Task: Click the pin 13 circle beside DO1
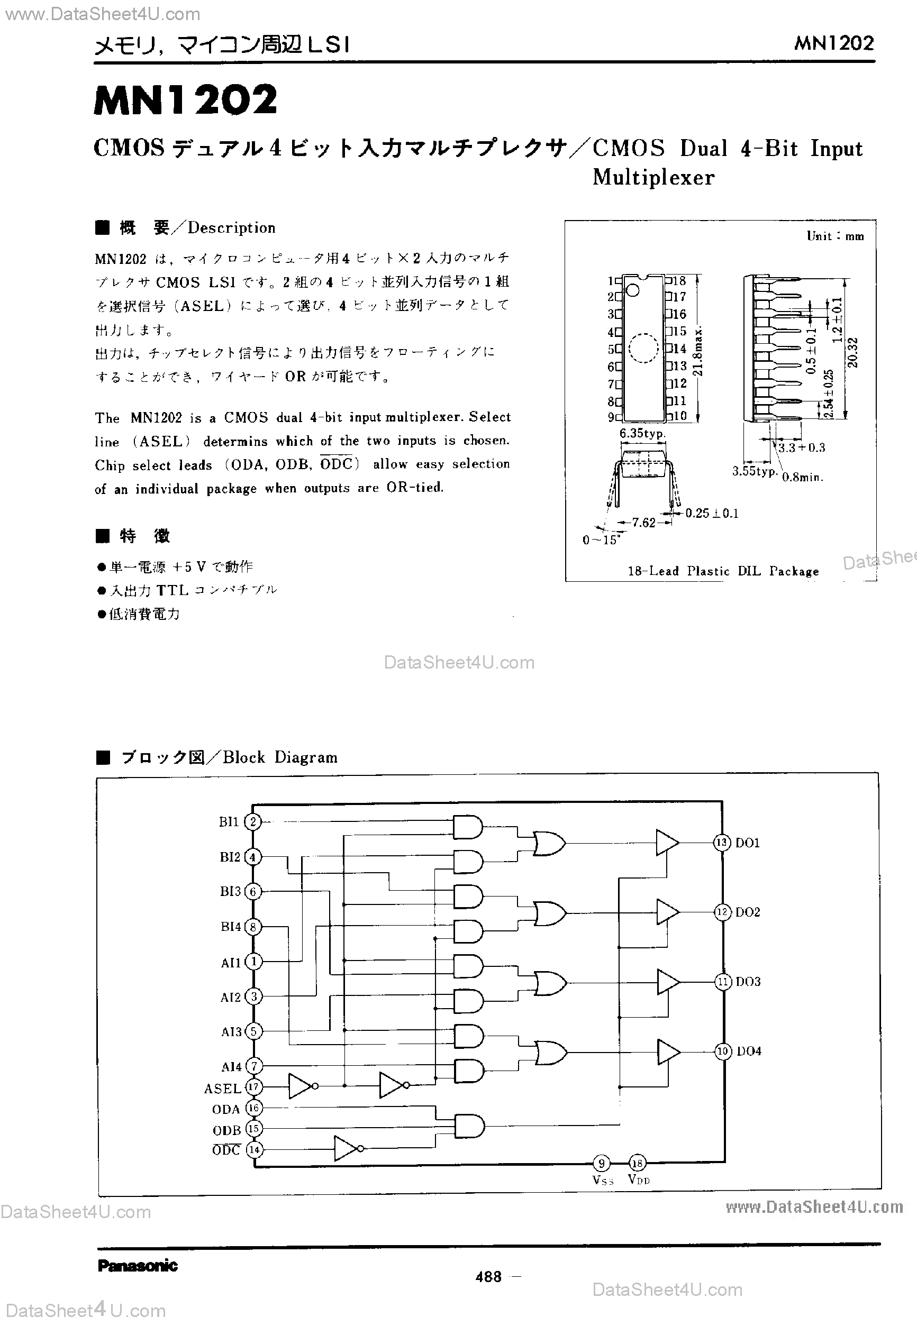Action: pyautogui.click(x=722, y=843)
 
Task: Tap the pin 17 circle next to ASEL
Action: pyautogui.click(x=253, y=1086)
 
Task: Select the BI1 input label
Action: pyautogui.click(x=229, y=822)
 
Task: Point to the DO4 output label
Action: pyautogui.click(x=749, y=1051)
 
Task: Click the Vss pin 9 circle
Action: pyautogui.click(x=601, y=1164)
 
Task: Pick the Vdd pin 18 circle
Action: pyautogui.click(x=637, y=1164)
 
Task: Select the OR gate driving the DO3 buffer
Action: pyautogui.click(x=550, y=983)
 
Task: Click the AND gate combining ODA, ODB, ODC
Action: pyautogui.click(x=469, y=1127)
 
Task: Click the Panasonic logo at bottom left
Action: pyautogui.click(x=138, y=1266)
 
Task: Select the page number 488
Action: pyautogui.click(x=489, y=1277)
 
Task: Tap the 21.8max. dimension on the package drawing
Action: pyautogui.click(x=697, y=351)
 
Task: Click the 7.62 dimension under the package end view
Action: pyautogui.click(x=643, y=522)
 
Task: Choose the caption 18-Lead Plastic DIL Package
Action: pyautogui.click(x=723, y=571)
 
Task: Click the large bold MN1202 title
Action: pyautogui.click(x=185, y=100)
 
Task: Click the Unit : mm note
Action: pyautogui.click(x=835, y=236)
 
